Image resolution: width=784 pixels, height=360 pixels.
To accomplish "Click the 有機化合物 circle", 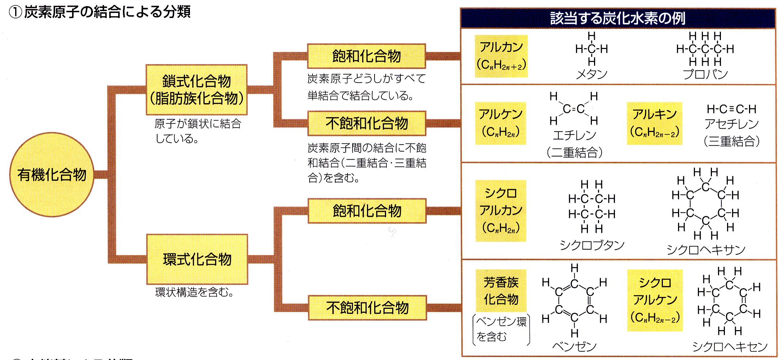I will tap(52, 175).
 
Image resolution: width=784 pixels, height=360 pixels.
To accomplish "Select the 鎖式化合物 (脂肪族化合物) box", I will tap(196, 90).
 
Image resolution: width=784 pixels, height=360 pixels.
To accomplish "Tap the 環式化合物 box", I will tap(197, 259).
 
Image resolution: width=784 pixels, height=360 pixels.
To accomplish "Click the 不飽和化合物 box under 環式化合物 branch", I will tap(367, 308).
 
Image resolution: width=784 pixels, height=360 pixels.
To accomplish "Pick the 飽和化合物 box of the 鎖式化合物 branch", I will tap(367, 56).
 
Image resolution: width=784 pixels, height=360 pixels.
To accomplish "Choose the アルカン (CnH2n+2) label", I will tap(501, 56).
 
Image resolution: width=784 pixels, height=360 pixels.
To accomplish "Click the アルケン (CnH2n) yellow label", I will tap(501, 123).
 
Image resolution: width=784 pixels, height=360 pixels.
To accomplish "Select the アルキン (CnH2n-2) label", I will tap(655, 123).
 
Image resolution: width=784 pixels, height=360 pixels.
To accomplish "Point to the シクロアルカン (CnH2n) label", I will tap(501, 210).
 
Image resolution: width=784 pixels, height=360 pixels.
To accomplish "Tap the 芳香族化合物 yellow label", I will tap(501, 290).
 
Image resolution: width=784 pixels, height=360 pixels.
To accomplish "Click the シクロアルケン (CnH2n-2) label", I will tap(655, 300).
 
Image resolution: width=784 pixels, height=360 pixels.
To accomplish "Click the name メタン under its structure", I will tap(592, 74).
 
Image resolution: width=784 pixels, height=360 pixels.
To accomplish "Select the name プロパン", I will tap(705, 74).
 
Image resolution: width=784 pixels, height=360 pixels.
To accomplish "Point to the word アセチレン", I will tap(732, 124).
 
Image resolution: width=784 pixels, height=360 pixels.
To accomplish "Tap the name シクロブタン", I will tap(592, 245).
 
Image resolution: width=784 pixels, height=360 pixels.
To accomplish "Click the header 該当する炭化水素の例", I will tap(618, 18).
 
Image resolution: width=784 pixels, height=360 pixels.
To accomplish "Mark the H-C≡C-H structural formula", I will tap(732, 109).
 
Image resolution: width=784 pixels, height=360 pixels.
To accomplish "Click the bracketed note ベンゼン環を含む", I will tap(501, 329).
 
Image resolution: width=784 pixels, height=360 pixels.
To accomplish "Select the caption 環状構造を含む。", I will tap(195, 292).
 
